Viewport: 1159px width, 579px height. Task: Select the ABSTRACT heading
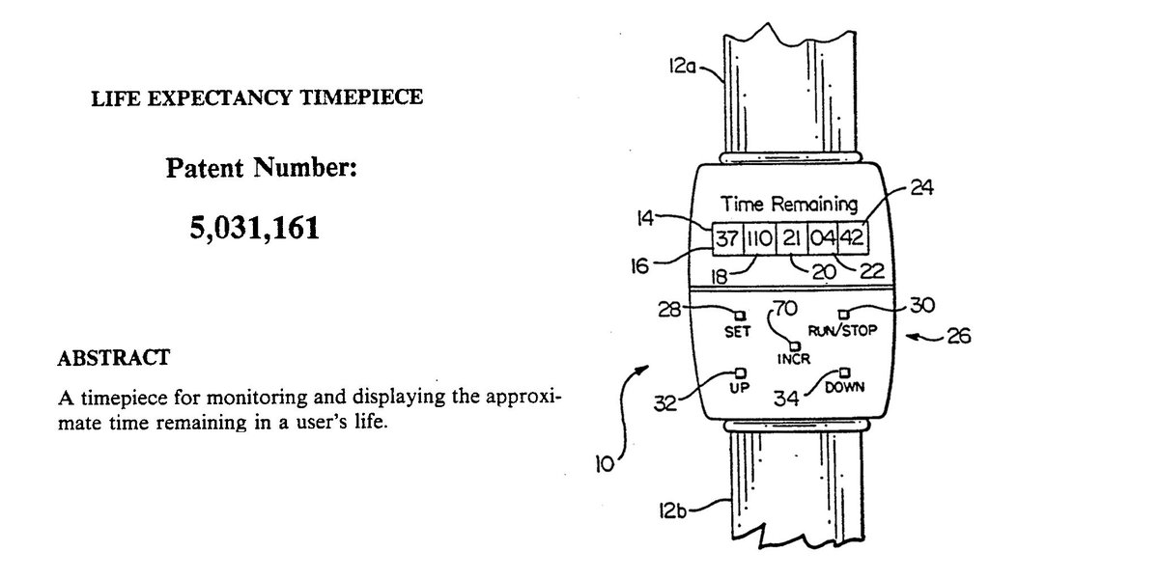tap(114, 358)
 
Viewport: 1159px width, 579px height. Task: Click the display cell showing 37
tap(726, 237)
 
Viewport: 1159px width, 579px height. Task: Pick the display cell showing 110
tap(759, 237)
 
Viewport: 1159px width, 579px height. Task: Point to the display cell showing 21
tap(792, 237)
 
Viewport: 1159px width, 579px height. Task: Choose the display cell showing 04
tap(822, 237)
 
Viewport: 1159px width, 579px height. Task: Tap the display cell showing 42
tap(852, 237)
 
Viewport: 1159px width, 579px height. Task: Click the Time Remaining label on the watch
tap(789, 204)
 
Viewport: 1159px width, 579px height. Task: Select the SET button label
tap(738, 330)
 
